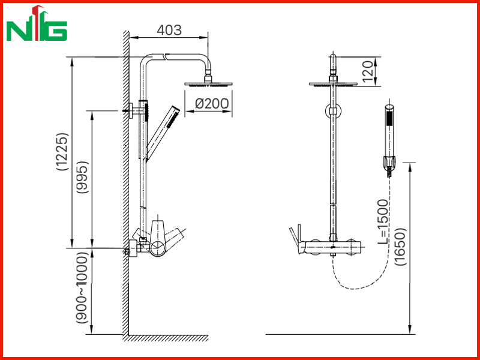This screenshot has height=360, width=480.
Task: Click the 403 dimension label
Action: pyautogui.click(x=169, y=30)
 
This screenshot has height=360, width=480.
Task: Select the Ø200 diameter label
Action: pyautogui.click(x=212, y=104)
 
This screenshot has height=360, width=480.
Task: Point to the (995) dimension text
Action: pyautogui.click(x=83, y=177)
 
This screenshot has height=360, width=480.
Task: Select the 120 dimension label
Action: pyautogui.click(x=368, y=71)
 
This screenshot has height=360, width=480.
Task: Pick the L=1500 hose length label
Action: pyautogui.click(x=383, y=221)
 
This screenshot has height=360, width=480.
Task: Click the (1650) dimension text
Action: pyautogui.click(x=400, y=247)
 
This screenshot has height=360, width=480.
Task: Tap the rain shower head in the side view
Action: pyautogui.click(x=208, y=84)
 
